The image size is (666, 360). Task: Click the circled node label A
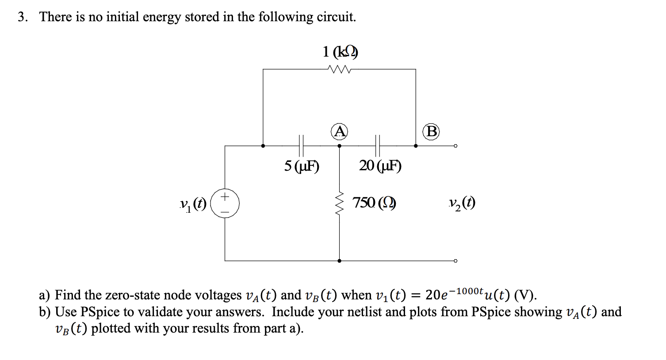[x=339, y=131]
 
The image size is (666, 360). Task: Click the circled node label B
[x=431, y=131]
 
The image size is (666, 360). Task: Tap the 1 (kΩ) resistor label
[x=339, y=52]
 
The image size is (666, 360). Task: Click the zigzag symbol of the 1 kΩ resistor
[x=339, y=69]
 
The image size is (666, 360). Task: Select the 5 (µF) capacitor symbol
[x=301, y=145]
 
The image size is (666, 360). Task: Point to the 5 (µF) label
[x=302, y=166]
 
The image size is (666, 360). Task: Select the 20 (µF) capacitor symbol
[x=378, y=145]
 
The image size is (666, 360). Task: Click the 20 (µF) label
[x=380, y=166]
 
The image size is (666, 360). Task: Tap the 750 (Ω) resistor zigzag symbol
[x=339, y=203]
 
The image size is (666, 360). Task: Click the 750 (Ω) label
[x=374, y=203]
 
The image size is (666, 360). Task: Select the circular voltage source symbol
[x=225, y=203]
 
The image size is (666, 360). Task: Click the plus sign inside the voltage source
[x=225, y=196]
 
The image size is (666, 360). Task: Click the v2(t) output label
[x=461, y=203]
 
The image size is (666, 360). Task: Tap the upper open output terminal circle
[x=455, y=146]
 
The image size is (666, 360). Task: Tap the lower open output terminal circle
[x=455, y=261]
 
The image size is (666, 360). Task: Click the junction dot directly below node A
[x=339, y=146]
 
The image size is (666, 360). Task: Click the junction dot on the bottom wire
[x=339, y=261]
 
